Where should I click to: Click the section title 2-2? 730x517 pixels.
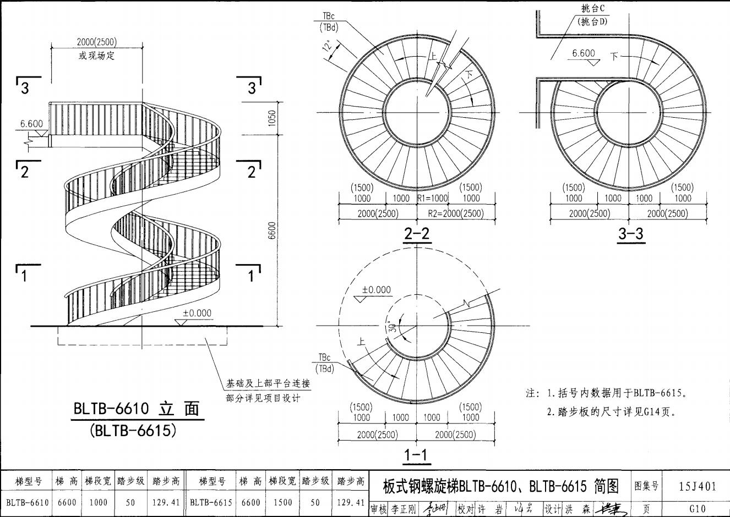coord(417,234)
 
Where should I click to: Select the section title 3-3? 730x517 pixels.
coord(630,234)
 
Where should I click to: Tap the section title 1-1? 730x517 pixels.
coord(416,455)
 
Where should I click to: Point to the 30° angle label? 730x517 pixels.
coord(392,327)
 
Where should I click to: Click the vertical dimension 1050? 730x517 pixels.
coord(272,118)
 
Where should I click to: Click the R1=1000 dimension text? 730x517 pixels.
coord(433,199)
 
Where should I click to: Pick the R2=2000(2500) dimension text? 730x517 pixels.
coord(456,213)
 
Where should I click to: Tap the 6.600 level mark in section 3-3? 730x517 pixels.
coord(584,53)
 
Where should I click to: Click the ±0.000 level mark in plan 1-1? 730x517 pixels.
coord(377,290)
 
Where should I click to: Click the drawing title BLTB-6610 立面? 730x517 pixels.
coord(137,409)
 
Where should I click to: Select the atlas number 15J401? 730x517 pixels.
coord(698,486)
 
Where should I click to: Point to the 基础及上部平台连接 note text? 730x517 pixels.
coord(268,383)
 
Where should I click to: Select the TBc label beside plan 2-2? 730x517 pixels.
coord(329,16)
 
